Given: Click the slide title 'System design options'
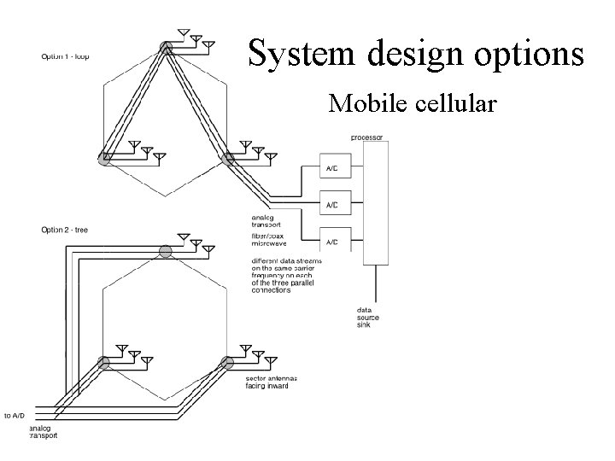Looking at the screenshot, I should tap(416, 52).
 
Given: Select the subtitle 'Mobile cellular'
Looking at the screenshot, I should tap(412, 103).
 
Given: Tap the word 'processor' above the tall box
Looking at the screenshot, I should tap(367, 137).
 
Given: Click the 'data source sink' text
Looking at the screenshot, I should tap(369, 318).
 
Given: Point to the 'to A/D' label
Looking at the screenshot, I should tap(15, 415).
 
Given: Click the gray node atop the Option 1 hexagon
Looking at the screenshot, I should tap(167, 49).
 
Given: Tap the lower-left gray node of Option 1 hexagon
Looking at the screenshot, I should tap(104, 158).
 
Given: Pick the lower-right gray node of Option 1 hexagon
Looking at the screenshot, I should tap(228, 158).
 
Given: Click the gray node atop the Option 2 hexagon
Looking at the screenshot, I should tap(167, 250).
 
